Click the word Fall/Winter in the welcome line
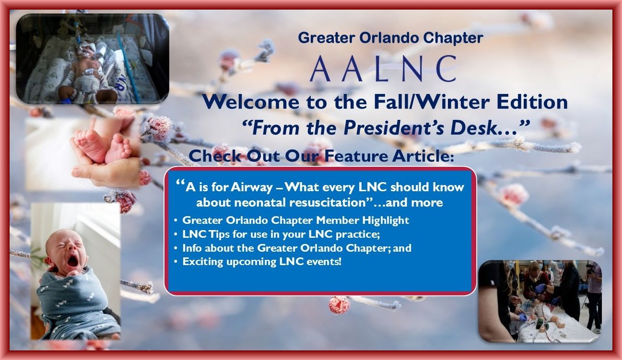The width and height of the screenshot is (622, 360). click(x=432, y=102)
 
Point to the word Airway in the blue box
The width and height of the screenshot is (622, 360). click(x=252, y=187)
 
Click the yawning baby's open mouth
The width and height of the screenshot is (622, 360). click(x=73, y=261)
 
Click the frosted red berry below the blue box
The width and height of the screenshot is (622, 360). click(x=338, y=305)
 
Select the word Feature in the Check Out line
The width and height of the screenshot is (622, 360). click(x=355, y=156)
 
